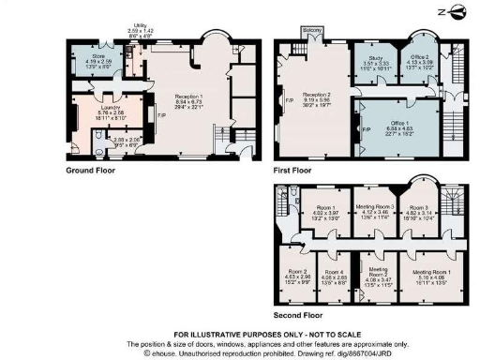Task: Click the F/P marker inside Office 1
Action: (367, 128)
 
